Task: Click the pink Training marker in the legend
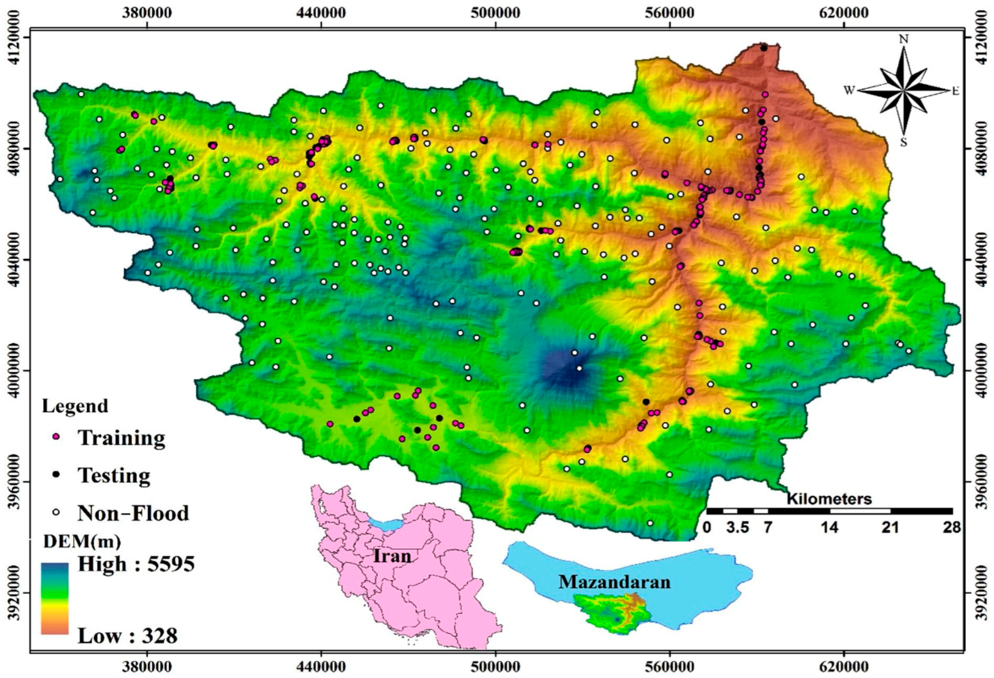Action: pyautogui.click(x=56, y=437)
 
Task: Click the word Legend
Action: pyautogui.click(x=75, y=406)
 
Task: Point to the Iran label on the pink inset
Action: pyautogui.click(x=392, y=556)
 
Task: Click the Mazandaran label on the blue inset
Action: pyautogui.click(x=614, y=582)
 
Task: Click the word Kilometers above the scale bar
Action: pyautogui.click(x=829, y=498)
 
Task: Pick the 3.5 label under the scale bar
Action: pyautogui.click(x=738, y=528)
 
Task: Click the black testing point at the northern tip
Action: pyautogui.click(x=764, y=48)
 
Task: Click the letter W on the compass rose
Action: pyautogui.click(x=849, y=90)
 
